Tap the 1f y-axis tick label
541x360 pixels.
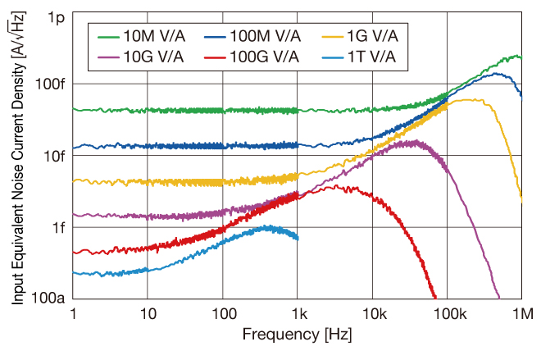55,227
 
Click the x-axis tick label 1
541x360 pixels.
74,314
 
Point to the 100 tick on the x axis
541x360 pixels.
223,314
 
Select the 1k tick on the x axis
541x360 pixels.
298,314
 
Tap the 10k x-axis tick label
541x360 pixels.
373,314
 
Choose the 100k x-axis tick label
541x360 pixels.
448,314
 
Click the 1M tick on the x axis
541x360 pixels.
521,314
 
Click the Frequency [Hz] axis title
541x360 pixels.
298,336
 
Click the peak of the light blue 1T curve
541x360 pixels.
266,227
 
